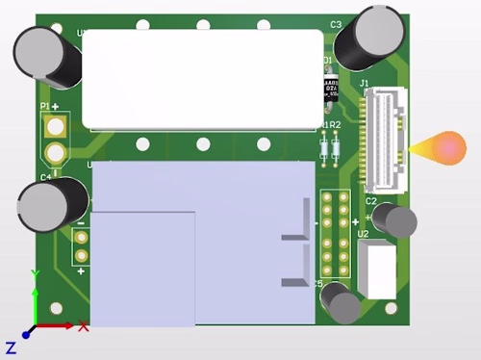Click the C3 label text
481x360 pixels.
[336, 24]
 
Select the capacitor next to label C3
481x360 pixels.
[375, 32]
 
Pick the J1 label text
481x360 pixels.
[364, 85]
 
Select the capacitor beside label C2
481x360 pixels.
[394, 220]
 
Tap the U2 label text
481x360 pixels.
[363, 234]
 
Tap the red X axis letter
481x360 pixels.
[84, 326]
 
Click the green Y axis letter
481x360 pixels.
[35, 275]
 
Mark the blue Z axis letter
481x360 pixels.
[12, 347]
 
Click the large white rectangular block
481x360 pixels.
[202, 79]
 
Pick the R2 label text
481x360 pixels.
[336, 126]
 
